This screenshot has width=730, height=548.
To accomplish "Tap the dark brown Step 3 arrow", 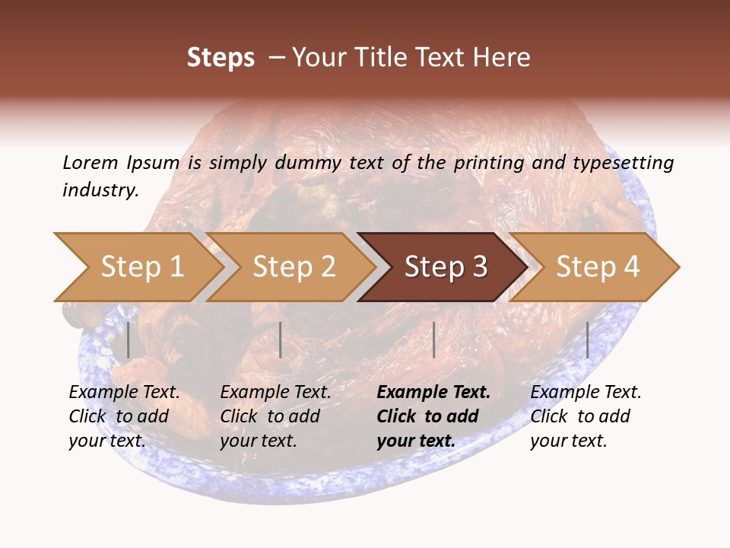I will (446, 267).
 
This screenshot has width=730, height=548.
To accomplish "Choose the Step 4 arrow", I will (598, 267).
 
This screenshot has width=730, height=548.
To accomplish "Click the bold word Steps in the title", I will (221, 57).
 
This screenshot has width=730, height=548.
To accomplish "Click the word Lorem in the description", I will (90, 162).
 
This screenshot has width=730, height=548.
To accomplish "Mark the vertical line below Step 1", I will (129, 339).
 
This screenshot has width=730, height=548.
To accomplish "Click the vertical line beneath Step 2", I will (281, 339).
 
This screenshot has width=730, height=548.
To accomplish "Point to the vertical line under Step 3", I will (433, 339).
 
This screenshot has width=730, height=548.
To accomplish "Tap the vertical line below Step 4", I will (587, 339).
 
